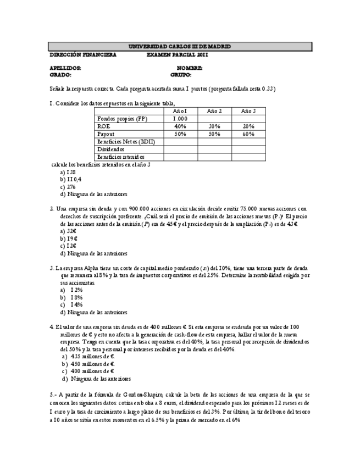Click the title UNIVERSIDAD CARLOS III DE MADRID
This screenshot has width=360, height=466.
point(180,47)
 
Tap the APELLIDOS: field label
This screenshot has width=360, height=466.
point(65,68)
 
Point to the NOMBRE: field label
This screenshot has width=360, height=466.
point(190,68)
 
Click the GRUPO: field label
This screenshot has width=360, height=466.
point(181,75)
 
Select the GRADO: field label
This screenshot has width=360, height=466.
point(60,75)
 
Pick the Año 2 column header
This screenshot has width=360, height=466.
point(214,111)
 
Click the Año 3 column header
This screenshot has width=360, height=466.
point(248,111)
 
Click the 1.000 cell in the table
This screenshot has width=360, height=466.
point(180,119)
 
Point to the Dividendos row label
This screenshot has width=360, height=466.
point(110,149)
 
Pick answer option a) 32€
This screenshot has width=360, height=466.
point(69,231)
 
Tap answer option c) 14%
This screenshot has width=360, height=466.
point(73,304)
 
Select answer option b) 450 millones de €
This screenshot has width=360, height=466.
point(88,364)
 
